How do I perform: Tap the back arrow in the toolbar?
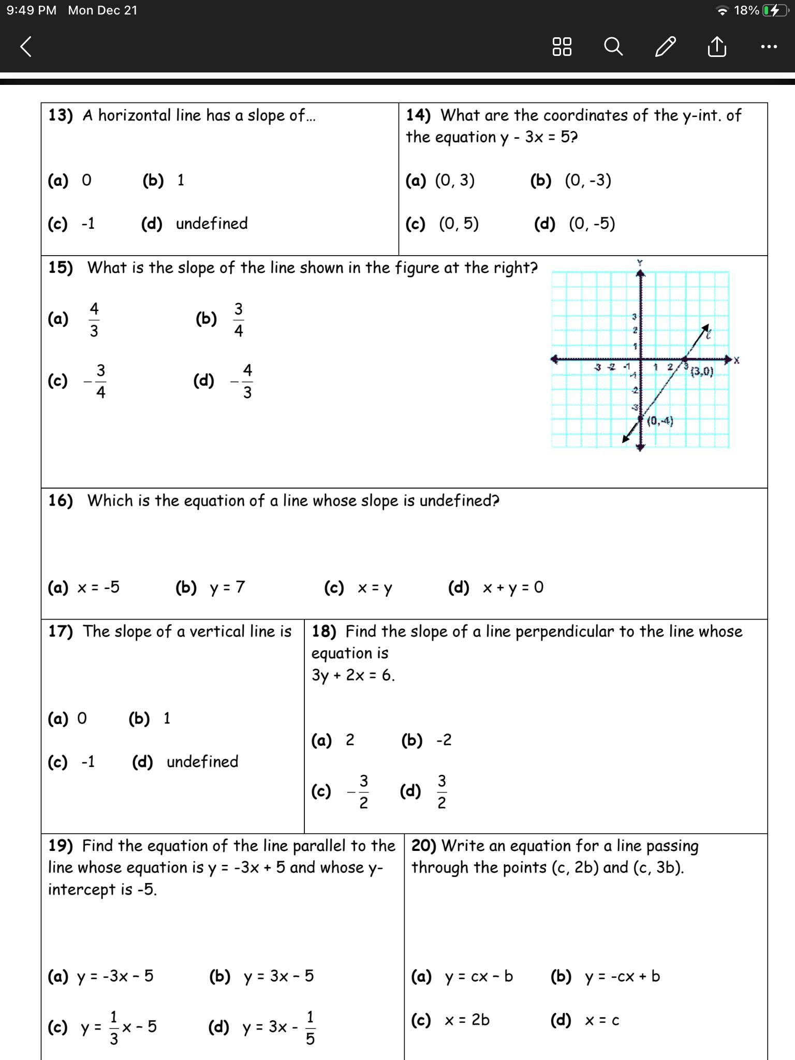pos(26,47)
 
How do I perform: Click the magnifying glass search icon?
pos(613,47)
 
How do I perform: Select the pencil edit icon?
pos(665,47)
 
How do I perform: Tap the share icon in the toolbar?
pos(717,47)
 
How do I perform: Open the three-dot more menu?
pos(769,47)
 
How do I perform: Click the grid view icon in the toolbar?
pos(562,47)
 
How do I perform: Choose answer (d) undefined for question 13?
pos(211,224)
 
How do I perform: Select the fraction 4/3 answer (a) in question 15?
pos(94,319)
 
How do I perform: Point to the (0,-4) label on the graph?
pos(660,421)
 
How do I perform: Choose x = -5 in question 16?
pos(98,587)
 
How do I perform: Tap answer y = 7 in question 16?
pos(227,587)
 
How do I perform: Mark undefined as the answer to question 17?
pos(202,762)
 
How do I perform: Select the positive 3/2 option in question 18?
pos(441,791)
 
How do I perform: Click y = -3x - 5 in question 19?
pos(115,976)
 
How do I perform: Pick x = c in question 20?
pos(602,1020)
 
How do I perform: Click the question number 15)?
pos(61,268)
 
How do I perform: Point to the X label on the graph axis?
pos(737,360)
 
